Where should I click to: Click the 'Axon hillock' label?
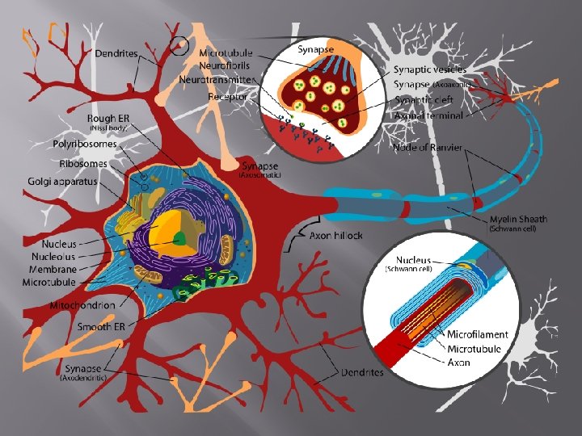[x=336, y=236]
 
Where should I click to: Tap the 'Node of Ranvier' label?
[x=428, y=148]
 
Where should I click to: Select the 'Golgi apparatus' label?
[x=61, y=182]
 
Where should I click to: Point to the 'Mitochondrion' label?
[x=82, y=305]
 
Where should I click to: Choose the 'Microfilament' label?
[x=478, y=334]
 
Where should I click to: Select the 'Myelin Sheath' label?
[x=518, y=219]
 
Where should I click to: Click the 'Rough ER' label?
[x=108, y=119]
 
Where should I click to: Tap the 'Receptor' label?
[x=227, y=96]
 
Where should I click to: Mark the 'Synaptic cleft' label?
[x=430, y=100]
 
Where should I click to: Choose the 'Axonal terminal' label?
[x=428, y=115]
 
